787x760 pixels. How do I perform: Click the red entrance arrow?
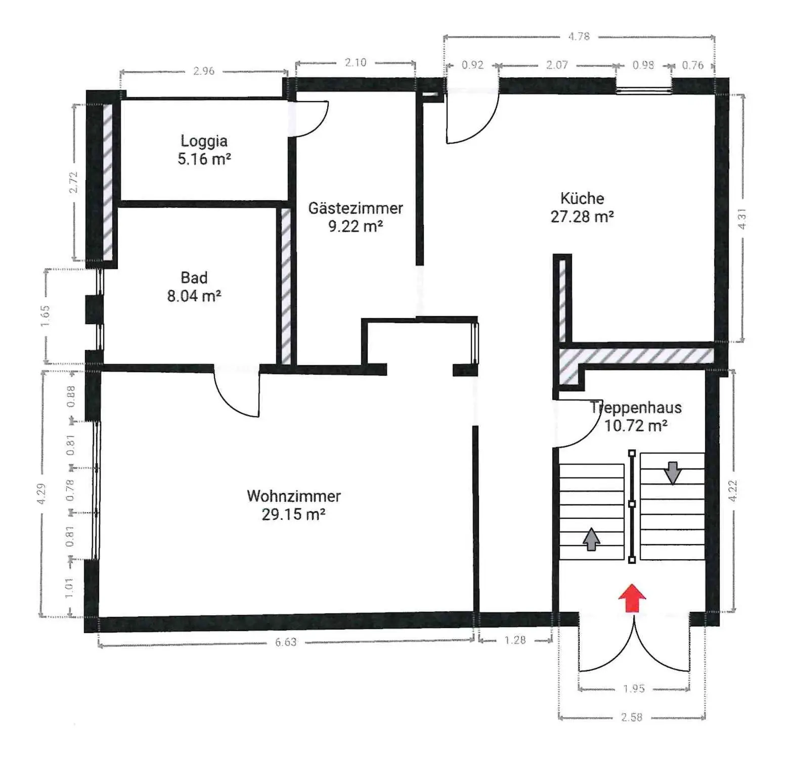pyautogui.click(x=632, y=598)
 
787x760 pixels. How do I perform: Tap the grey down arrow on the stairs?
pyautogui.click(x=673, y=473)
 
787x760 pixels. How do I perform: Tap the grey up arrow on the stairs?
pyautogui.click(x=591, y=539)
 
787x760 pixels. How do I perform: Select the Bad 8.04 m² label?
pyautogui.click(x=194, y=287)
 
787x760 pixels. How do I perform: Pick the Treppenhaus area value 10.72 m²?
pyautogui.click(x=636, y=426)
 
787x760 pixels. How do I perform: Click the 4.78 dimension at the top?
pyautogui.click(x=579, y=36)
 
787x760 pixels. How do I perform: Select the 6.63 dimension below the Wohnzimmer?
pyautogui.click(x=286, y=642)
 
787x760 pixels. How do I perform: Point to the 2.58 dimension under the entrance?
pyautogui.click(x=632, y=717)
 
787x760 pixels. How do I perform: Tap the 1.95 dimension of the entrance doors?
pyautogui.click(x=634, y=689)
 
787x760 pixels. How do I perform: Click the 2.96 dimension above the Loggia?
pyautogui.click(x=204, y=71)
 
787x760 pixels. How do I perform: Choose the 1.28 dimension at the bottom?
pyautogui.click(x=515, y=640)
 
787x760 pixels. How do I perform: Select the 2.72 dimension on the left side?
pyautogui.click(x=74, y=183)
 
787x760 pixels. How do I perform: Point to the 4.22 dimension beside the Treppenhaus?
pyautogui.click(x=734, y=490)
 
